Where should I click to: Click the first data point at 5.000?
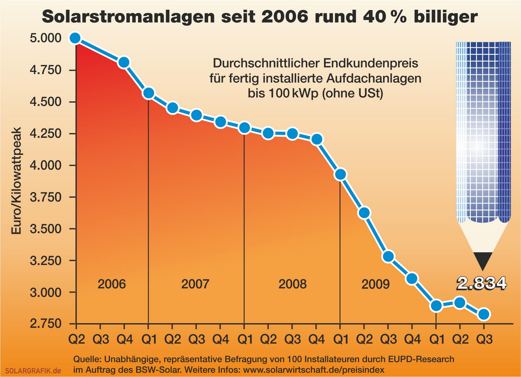(x=75, y=38)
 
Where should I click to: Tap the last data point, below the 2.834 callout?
(x=484, y=314)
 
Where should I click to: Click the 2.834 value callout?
(x=482, y=283)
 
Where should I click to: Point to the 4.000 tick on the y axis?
(x=46, y=165)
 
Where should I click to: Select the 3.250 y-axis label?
(x=46, y=261)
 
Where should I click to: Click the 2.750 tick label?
(x=46, y=324)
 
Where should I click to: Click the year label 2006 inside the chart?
(x=112, y=284)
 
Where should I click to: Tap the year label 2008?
(x=292, y=284)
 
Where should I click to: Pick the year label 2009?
(x=375, y=284)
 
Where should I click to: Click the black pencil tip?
(x=483, y=260)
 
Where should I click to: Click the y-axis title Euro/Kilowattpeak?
(x=16, y=181)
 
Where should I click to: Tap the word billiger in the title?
(x=445, y=17)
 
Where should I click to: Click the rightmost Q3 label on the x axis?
(x=484, y=340)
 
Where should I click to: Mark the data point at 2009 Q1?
(x=340, y=174)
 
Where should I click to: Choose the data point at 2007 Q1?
(x=148, y=93)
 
